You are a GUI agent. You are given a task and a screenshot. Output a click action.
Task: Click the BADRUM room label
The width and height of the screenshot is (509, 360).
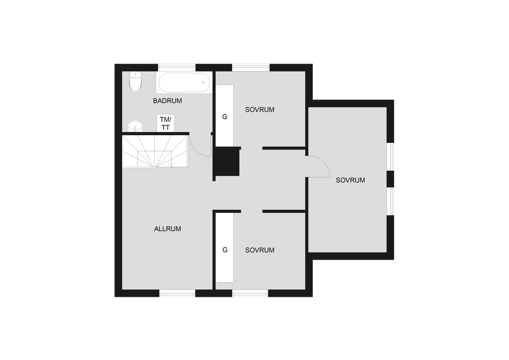[167, 101]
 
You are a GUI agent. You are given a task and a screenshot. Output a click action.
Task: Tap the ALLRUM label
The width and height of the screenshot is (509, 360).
[168, 229]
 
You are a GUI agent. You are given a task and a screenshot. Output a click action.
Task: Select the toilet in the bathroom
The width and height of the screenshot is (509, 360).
[135, 82]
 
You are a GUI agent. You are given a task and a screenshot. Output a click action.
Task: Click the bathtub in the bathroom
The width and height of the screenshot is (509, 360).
[184, 83]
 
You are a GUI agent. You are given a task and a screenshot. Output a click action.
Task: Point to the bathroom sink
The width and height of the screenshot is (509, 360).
[135, 126]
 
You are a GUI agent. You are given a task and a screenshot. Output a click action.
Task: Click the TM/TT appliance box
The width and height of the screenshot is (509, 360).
[166, 123]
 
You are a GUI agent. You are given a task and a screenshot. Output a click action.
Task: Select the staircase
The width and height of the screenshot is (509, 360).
[155, 152]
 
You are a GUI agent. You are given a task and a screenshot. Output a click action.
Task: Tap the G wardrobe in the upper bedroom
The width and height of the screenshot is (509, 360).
[225, 115]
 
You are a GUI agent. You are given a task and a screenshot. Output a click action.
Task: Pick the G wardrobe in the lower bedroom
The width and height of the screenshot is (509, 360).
[225, 248]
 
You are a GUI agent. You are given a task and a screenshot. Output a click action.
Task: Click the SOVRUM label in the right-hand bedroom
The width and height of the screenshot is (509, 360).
[350, 180]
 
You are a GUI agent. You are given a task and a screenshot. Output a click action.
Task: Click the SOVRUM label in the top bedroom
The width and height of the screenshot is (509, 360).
[259, 110]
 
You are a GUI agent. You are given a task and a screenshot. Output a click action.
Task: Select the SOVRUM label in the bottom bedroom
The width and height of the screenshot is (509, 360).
[259, 250]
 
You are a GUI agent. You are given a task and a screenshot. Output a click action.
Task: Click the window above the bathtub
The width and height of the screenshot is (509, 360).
[177, 68]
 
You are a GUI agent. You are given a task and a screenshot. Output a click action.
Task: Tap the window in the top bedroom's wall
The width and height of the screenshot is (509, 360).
[251, 68]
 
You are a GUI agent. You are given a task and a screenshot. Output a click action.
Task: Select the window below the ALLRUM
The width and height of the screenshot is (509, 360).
[177, 293]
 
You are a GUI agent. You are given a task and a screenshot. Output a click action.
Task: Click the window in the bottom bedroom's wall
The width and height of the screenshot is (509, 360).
[251, 293]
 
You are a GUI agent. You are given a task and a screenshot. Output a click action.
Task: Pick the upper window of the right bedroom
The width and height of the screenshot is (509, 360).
[391, 157]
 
